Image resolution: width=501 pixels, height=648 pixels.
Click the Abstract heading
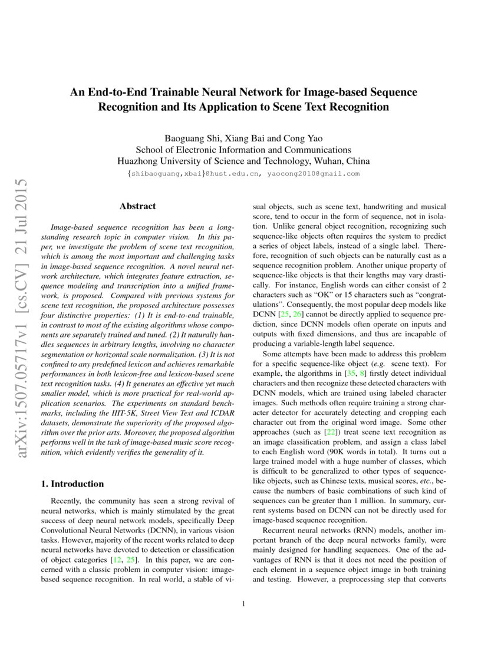tap(137, 206)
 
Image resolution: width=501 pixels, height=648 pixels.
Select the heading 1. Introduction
tap(72, 484)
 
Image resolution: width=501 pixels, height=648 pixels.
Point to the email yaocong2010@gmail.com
tap(313, 174)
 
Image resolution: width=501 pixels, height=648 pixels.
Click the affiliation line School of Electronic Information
tap(243, 150)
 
